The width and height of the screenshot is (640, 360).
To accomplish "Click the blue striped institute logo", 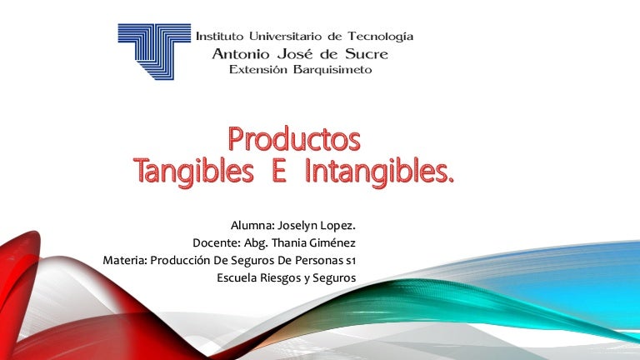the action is coord(154,52).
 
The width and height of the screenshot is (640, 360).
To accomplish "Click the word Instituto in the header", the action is coord(220,37).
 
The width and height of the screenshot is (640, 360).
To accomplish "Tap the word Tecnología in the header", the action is coord(380,37).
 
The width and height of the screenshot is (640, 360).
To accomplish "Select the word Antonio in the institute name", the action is coord(241,54).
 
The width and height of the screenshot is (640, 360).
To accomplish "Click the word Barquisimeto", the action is coord(332,69).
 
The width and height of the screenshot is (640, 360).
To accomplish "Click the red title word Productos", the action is coord(294,139).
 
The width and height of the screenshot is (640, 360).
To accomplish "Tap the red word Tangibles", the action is coord(193,172).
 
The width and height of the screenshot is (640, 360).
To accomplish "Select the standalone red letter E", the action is coord(279,171).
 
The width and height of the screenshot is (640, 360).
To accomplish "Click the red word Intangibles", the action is coord(379,172).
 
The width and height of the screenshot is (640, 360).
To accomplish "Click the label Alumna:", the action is coord(252,225).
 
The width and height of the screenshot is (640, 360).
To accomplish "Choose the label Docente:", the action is coord(217,242).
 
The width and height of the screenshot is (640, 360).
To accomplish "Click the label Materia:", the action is coord(125,260).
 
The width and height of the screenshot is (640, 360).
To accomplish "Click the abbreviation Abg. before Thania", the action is coord(257,243).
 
